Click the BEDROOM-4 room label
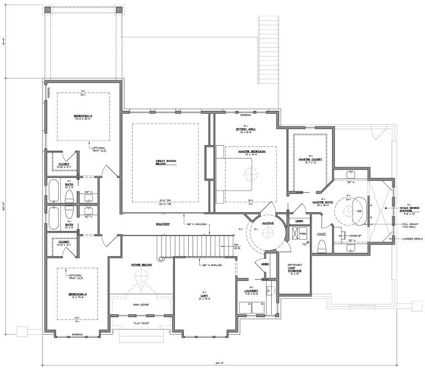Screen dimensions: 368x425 tap(83, 116)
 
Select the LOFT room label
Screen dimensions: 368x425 tap(204, 295)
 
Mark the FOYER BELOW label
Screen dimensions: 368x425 tap(142, 265)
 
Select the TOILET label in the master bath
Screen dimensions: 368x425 tap(322, 234)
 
